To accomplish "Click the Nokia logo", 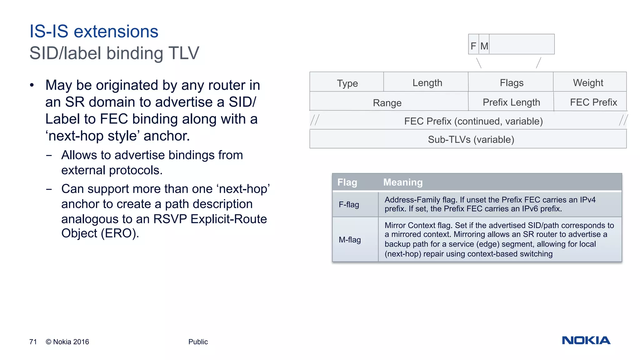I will (586, 340).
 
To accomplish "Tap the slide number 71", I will (33, 342).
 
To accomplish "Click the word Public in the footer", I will (198, 342).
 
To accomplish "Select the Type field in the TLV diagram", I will (347, 83).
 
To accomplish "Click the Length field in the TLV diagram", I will (427, 83).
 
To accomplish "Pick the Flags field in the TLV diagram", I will (512, 83).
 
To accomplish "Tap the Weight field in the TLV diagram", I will (588, 83).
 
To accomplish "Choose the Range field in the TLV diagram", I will (387, 103).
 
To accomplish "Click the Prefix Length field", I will (511, 102).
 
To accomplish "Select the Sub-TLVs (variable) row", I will (471, 139).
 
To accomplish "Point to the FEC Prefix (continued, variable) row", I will (473, 121).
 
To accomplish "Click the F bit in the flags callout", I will (473, 46).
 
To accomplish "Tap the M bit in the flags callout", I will (484, 46).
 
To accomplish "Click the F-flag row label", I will (349, 205).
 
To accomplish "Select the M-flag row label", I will (350, 240).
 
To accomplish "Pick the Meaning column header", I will (403, 182).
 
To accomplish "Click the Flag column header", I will (347, 182).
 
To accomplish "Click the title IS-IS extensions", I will (94, 32).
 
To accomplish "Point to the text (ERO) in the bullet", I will (120, 233).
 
